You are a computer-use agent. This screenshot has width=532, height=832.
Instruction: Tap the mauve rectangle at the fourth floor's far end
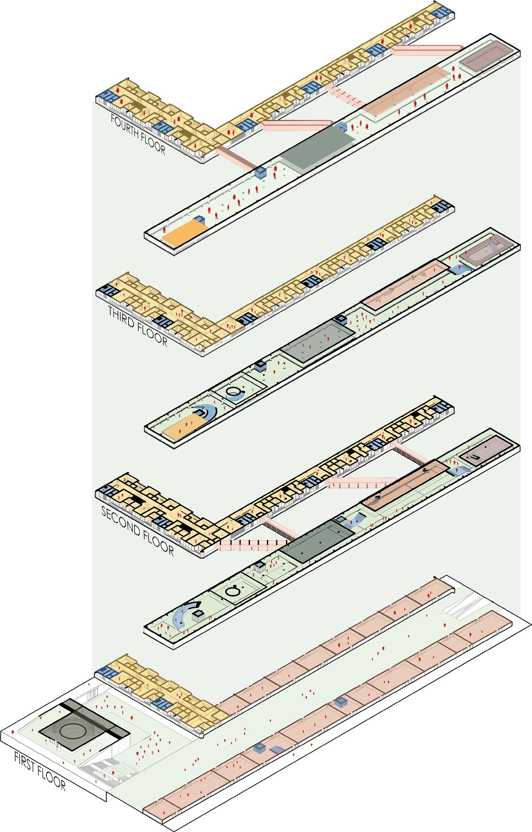coord(485,56)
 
